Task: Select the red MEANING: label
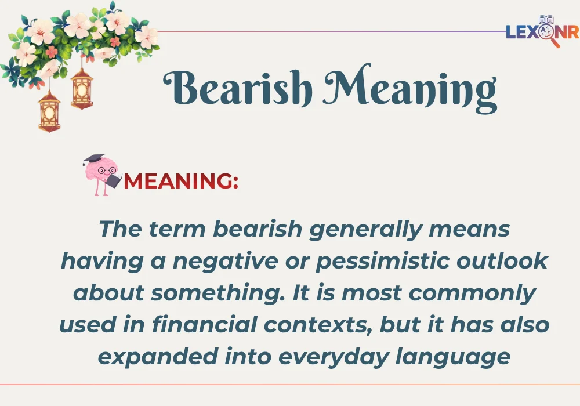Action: (181, 181)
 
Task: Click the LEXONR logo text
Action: (542, 32)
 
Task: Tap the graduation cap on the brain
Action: (93, 158)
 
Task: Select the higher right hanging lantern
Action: (82, 88)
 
